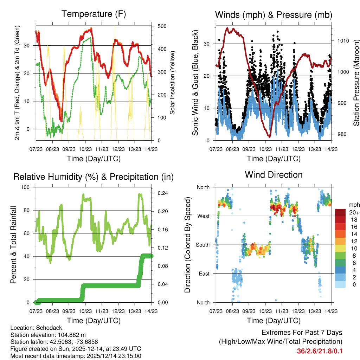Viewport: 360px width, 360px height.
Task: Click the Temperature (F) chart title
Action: click(x=94, y=14)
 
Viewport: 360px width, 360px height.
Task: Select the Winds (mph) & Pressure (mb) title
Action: click(x=274, y=15)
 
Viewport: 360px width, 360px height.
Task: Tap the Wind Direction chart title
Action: click(x=274, y=174)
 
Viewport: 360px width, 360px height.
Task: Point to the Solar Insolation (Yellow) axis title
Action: click(x=173, y=83)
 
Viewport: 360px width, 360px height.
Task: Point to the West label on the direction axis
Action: click(x=203, y=216)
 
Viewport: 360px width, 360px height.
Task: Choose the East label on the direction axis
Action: click(x=204, y=274)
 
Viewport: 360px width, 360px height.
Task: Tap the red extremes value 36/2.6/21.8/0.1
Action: click(x=320, y=351)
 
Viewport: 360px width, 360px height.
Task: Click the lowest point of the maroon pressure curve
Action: click(x=269, y=136)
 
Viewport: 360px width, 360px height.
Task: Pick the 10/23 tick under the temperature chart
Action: click(x=85, y=149)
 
